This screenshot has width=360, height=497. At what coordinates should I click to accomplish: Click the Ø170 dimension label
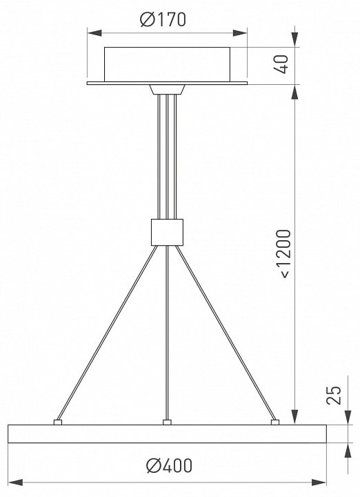click(163, 19)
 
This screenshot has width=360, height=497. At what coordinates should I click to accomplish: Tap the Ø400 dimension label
click(169, 466)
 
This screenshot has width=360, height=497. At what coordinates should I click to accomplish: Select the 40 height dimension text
click(281, 64)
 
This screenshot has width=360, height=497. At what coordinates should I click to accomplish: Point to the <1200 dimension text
click(283, 254)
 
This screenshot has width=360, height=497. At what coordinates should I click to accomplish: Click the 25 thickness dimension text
click(334, 396)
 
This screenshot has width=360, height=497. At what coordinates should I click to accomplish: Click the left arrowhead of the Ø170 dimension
click(94, 33)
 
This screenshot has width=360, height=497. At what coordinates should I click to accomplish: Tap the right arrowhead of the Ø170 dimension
click(240, 33)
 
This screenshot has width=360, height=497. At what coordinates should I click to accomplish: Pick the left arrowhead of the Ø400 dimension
click(16, 483)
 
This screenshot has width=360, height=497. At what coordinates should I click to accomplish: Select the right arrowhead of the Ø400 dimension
click(319, 483)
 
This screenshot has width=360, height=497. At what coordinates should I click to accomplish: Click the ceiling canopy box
click(167, 64)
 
